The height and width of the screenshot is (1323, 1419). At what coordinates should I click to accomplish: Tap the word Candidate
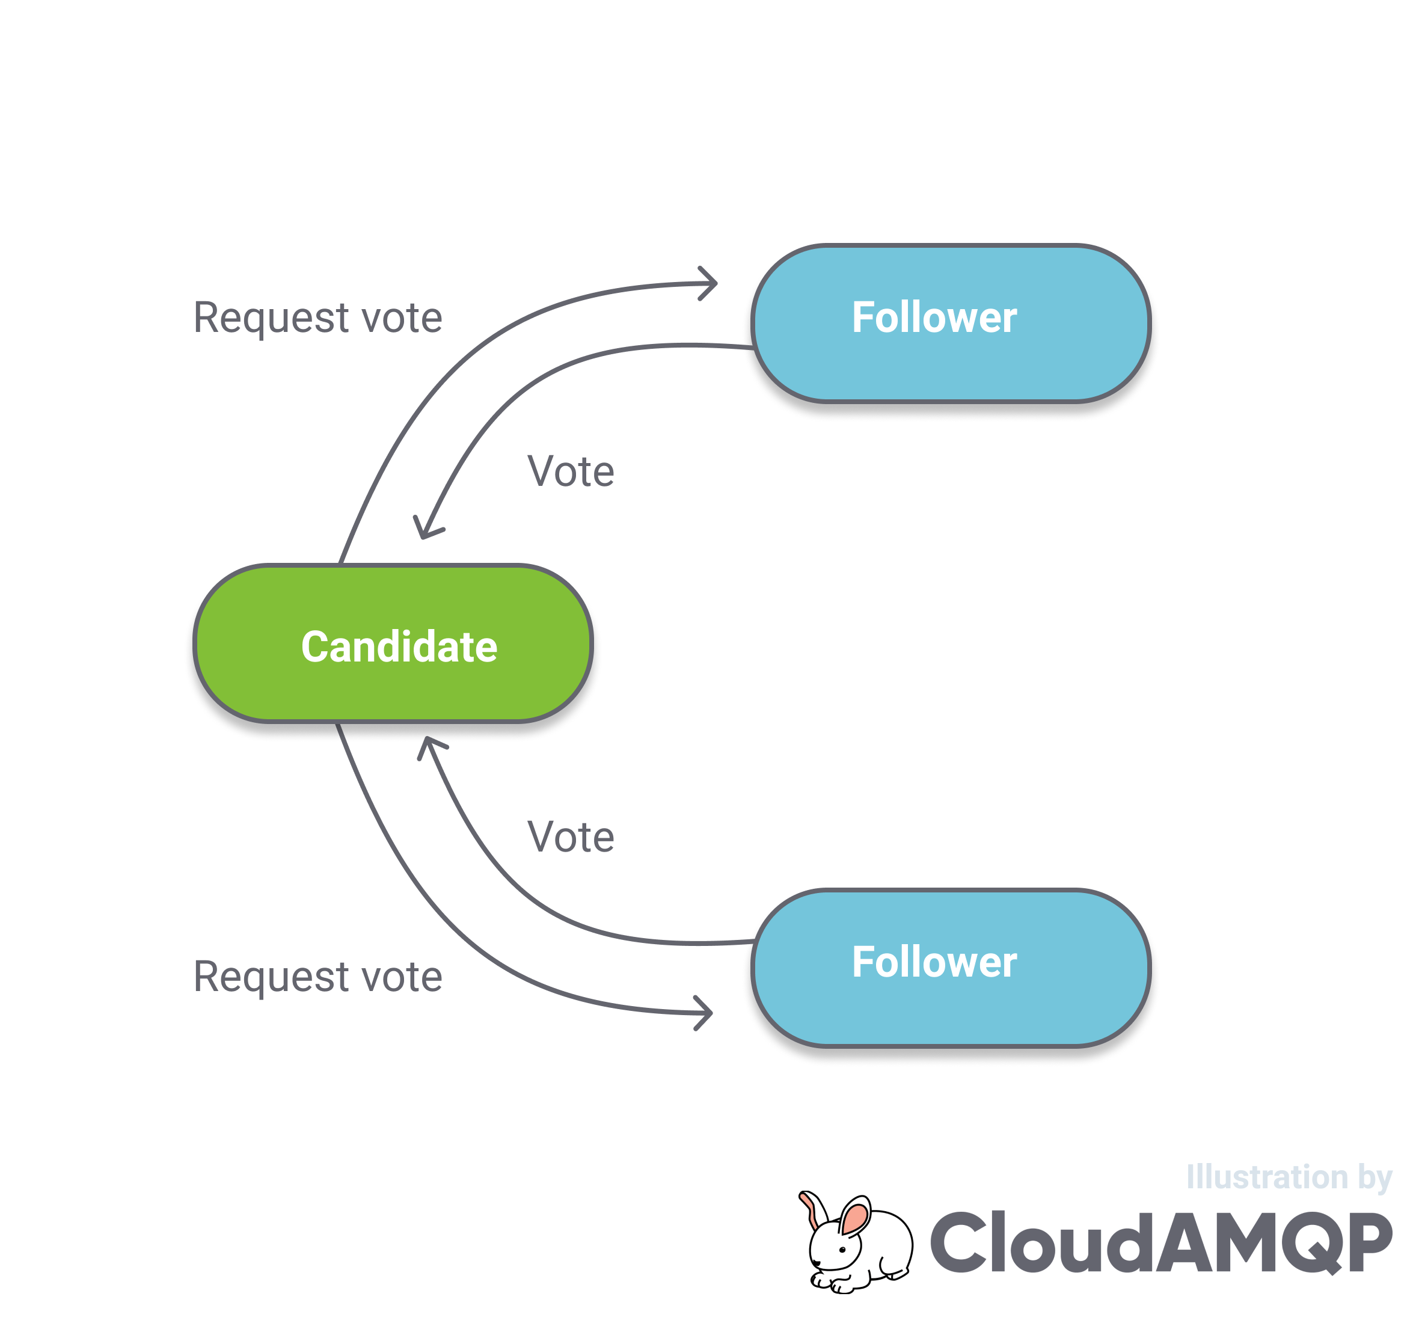click(399, 647)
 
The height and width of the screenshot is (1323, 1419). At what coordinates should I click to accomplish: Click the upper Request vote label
click(317, 317)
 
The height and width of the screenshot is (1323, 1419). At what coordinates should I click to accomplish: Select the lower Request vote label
click(317, 976)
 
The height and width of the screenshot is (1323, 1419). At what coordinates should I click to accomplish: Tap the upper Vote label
click(571, 471)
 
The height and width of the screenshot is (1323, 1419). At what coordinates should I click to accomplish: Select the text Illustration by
click(1289, 1177)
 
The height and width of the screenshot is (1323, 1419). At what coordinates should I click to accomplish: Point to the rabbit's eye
click(842, 1250)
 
